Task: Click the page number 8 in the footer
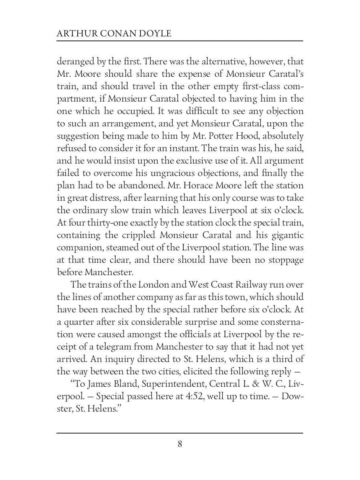pyautogui.click(x=180, y=444)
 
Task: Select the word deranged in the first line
pyautogui.click(x=73, y=62)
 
